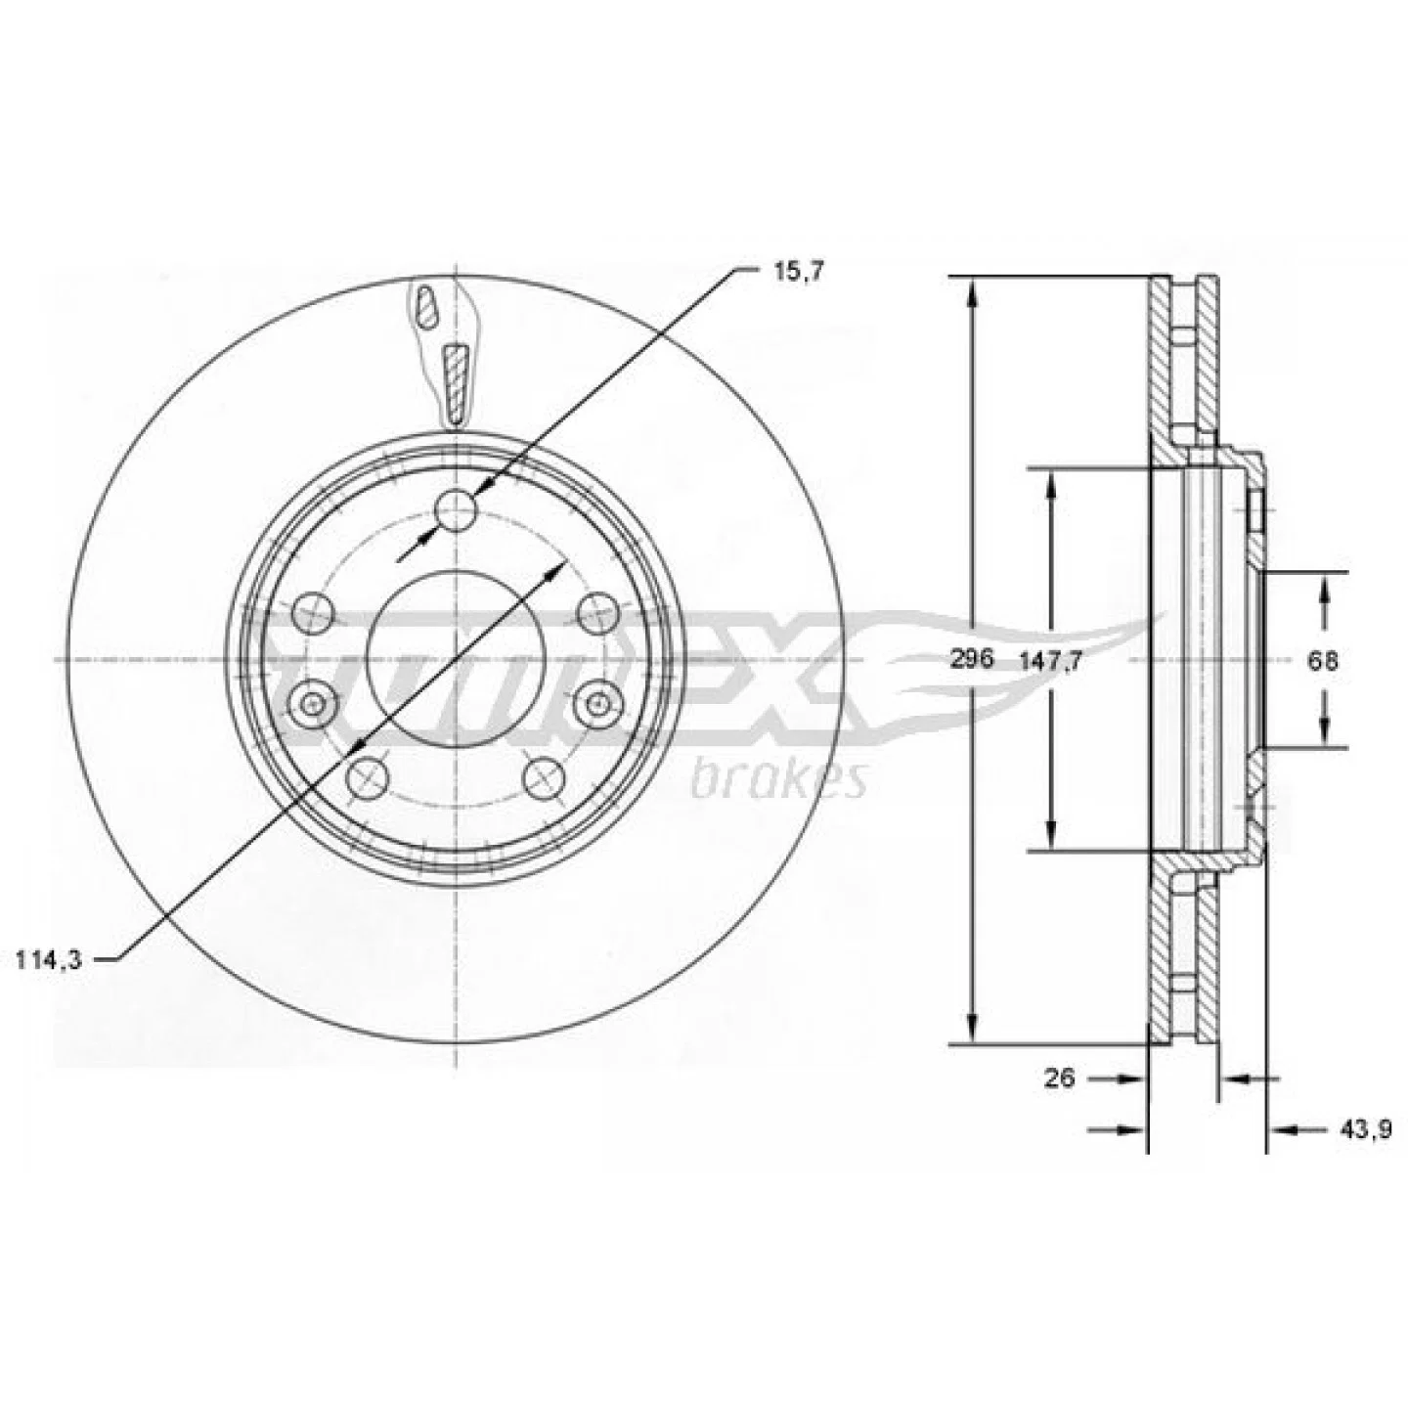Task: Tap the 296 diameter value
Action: pos(973,659)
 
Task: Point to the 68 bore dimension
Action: pos(1324,661)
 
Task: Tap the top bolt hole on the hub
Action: pos(456,509)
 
